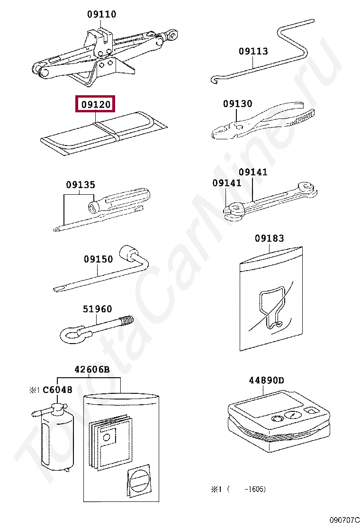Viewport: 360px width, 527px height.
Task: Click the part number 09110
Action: point(101,14)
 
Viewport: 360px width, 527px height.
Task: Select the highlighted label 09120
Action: point(95,104)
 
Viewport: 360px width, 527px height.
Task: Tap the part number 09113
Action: point(253,51)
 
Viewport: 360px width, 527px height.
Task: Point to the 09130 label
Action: point(237,103)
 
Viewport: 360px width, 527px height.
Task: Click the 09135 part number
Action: point(80,184)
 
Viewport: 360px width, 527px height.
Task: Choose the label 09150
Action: point(98,259)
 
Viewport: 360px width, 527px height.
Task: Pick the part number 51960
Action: point(98,309)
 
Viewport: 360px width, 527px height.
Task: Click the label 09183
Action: point(270,238)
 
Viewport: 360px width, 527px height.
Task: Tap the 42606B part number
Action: point(92,369)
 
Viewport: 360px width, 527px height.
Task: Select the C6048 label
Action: point(57,390)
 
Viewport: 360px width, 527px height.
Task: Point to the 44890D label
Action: point(266,381)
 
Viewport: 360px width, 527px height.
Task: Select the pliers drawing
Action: point(264,119)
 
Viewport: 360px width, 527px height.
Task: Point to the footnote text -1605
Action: point(255,489)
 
